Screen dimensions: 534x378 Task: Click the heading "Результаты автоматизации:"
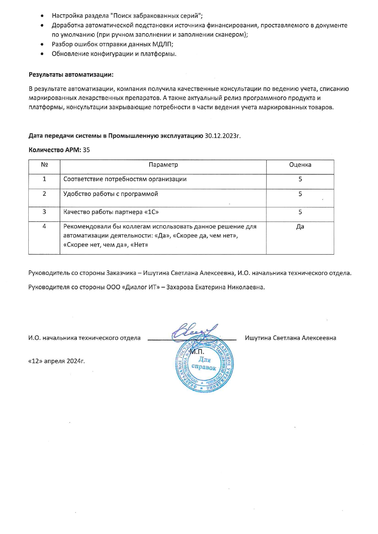pos(71,75)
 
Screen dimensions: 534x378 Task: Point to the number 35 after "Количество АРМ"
pos(86,150)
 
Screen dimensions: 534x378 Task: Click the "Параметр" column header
pos(163,165)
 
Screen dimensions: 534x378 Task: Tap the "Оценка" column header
pos(300,165)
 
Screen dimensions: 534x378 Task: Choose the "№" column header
pos(45,165)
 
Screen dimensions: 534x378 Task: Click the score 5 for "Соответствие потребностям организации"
pos(300,179)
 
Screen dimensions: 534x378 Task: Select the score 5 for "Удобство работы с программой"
pos(300,194)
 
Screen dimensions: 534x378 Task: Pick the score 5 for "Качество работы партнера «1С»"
pos(300,212)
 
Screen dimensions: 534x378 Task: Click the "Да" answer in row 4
pos(300,227)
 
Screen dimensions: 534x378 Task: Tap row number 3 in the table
pos(45,212)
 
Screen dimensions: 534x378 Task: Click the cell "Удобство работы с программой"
pos(111,194)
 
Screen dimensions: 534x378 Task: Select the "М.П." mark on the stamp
pos(197,352)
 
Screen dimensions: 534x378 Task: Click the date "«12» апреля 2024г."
pos(56,361)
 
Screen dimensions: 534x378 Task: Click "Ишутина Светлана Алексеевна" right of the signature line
pos(291,338)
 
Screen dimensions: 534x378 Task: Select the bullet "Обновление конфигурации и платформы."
pos(114,54)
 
